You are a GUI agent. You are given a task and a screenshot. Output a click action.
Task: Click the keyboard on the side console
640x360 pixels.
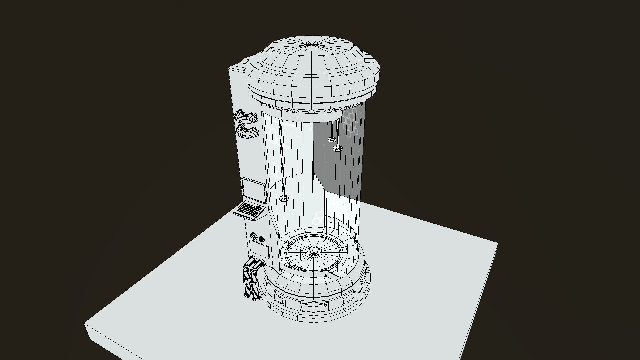(250, 210)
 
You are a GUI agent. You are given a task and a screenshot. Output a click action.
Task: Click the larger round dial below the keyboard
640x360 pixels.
(254, 236)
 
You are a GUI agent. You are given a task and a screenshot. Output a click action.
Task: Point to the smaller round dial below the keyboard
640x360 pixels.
(262, 239)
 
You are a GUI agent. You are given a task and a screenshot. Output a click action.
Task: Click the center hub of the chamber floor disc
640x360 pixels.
(314, 253)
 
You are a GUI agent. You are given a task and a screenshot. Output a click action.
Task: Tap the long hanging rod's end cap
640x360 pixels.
(284, 199)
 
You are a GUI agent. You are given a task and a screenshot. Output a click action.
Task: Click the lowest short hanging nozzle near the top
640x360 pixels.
(338, 148)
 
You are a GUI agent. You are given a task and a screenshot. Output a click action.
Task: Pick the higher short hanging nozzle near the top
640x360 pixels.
(332, 139)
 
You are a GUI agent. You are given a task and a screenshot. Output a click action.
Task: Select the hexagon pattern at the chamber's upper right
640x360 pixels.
(351, 123)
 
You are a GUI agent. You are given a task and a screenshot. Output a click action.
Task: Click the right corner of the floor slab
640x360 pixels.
(497, 244)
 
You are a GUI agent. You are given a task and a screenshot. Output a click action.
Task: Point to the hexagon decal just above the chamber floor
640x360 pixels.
(320, 217)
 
